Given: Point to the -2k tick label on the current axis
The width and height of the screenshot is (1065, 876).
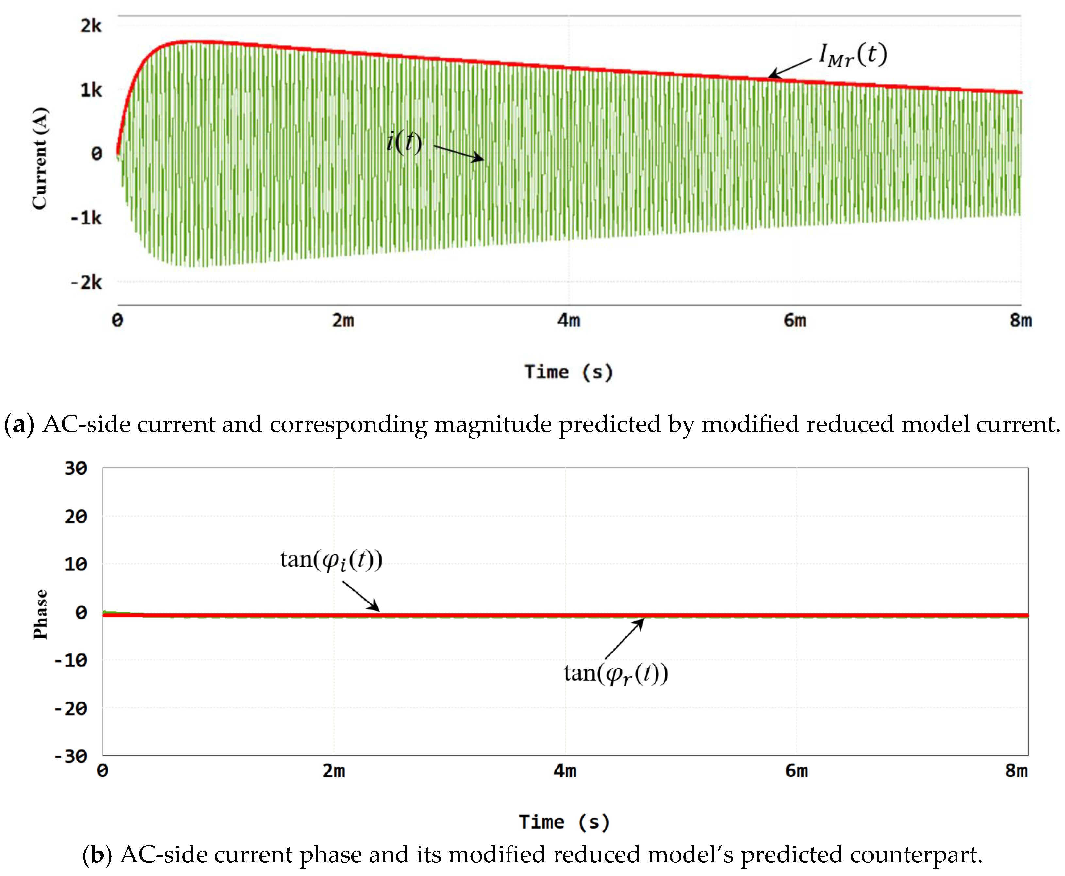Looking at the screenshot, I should [x=86, y=283].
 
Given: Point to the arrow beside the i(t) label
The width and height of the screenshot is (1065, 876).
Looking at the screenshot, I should [x=458, y=153].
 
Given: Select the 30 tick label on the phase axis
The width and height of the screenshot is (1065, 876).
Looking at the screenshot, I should [x=76, y=468].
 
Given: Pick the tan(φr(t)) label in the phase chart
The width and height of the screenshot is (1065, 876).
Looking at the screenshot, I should [x=616, y=674].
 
